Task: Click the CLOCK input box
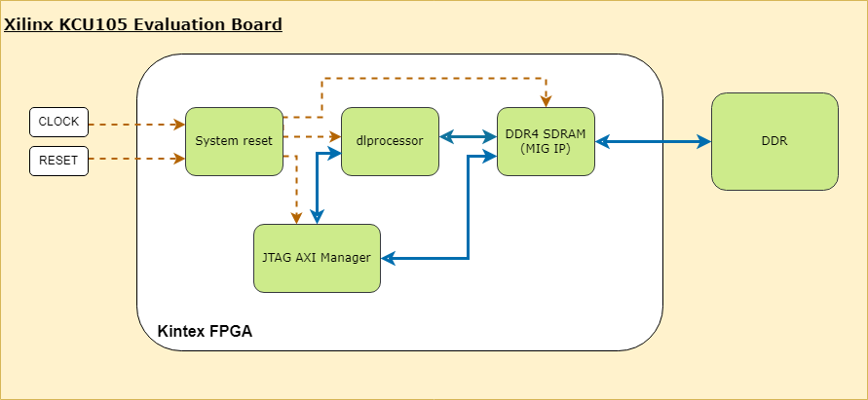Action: pyautogui.click(x=58, y=122)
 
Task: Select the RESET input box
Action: pyautogui.click(x=58, y=160)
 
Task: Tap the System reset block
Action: pyautogui.click(x=234, y=141)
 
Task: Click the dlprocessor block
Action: pyautogui.click(x=390, y=141)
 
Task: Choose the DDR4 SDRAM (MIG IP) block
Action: pyautogui.click(x=546, y=141)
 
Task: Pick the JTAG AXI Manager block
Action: pyautogui.click(x=317, y=258)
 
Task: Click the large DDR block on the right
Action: pyautogui.click(x=774, y=141)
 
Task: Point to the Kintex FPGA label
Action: pyautogui.click(x=205, y=332)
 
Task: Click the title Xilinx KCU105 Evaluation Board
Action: pyautogui.click(x=143, y=23)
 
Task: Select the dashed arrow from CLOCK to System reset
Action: pyautogui.click(x=136, y=125)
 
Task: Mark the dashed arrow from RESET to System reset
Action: pyautogui.click(x=136, y=158)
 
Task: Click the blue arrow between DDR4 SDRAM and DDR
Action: pyautogui.click(x=653, y=142)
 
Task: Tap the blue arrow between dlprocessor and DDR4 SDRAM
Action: pyautogui.click(x=468, y=137)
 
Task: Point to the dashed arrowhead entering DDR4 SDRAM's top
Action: pyautogui.click(x=546, y=101)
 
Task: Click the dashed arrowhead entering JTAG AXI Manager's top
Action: pyautogui.click(x=296, y=218)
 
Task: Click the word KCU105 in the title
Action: pyautogui.click(x=92, y=23)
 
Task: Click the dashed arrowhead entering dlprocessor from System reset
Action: pyautogui.click(x=335, y=136)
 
